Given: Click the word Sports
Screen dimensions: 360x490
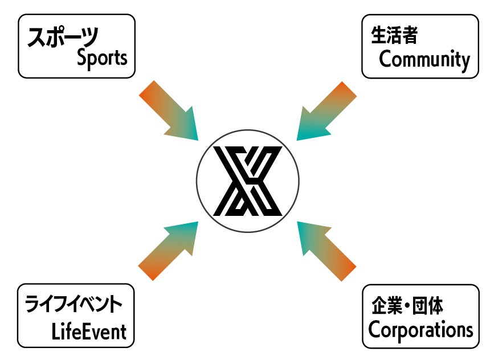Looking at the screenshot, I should [102, 58].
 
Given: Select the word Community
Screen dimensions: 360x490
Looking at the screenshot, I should [424, 59].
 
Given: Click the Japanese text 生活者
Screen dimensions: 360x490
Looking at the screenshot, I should [394, 35].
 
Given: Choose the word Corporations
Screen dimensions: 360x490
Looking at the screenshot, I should [420, 329].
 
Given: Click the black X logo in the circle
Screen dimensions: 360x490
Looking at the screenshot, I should [247, 181].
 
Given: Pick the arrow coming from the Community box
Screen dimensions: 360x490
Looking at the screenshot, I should [326, 112].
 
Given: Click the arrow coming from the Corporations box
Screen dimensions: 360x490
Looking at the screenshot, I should [326, 251].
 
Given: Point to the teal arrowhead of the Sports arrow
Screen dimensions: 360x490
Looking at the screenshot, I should [185, 126].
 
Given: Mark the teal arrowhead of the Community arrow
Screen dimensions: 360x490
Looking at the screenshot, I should [311, 126].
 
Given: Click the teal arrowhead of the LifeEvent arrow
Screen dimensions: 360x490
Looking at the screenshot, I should [184, 235].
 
